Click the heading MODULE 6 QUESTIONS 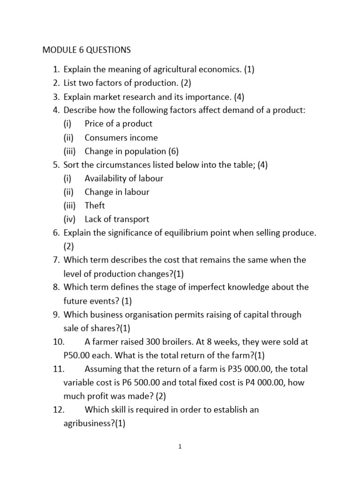(x=87, y=49)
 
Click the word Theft (x=95, y=206)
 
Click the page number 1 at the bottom (x=180, y=447)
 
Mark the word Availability (x=105, y=179)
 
